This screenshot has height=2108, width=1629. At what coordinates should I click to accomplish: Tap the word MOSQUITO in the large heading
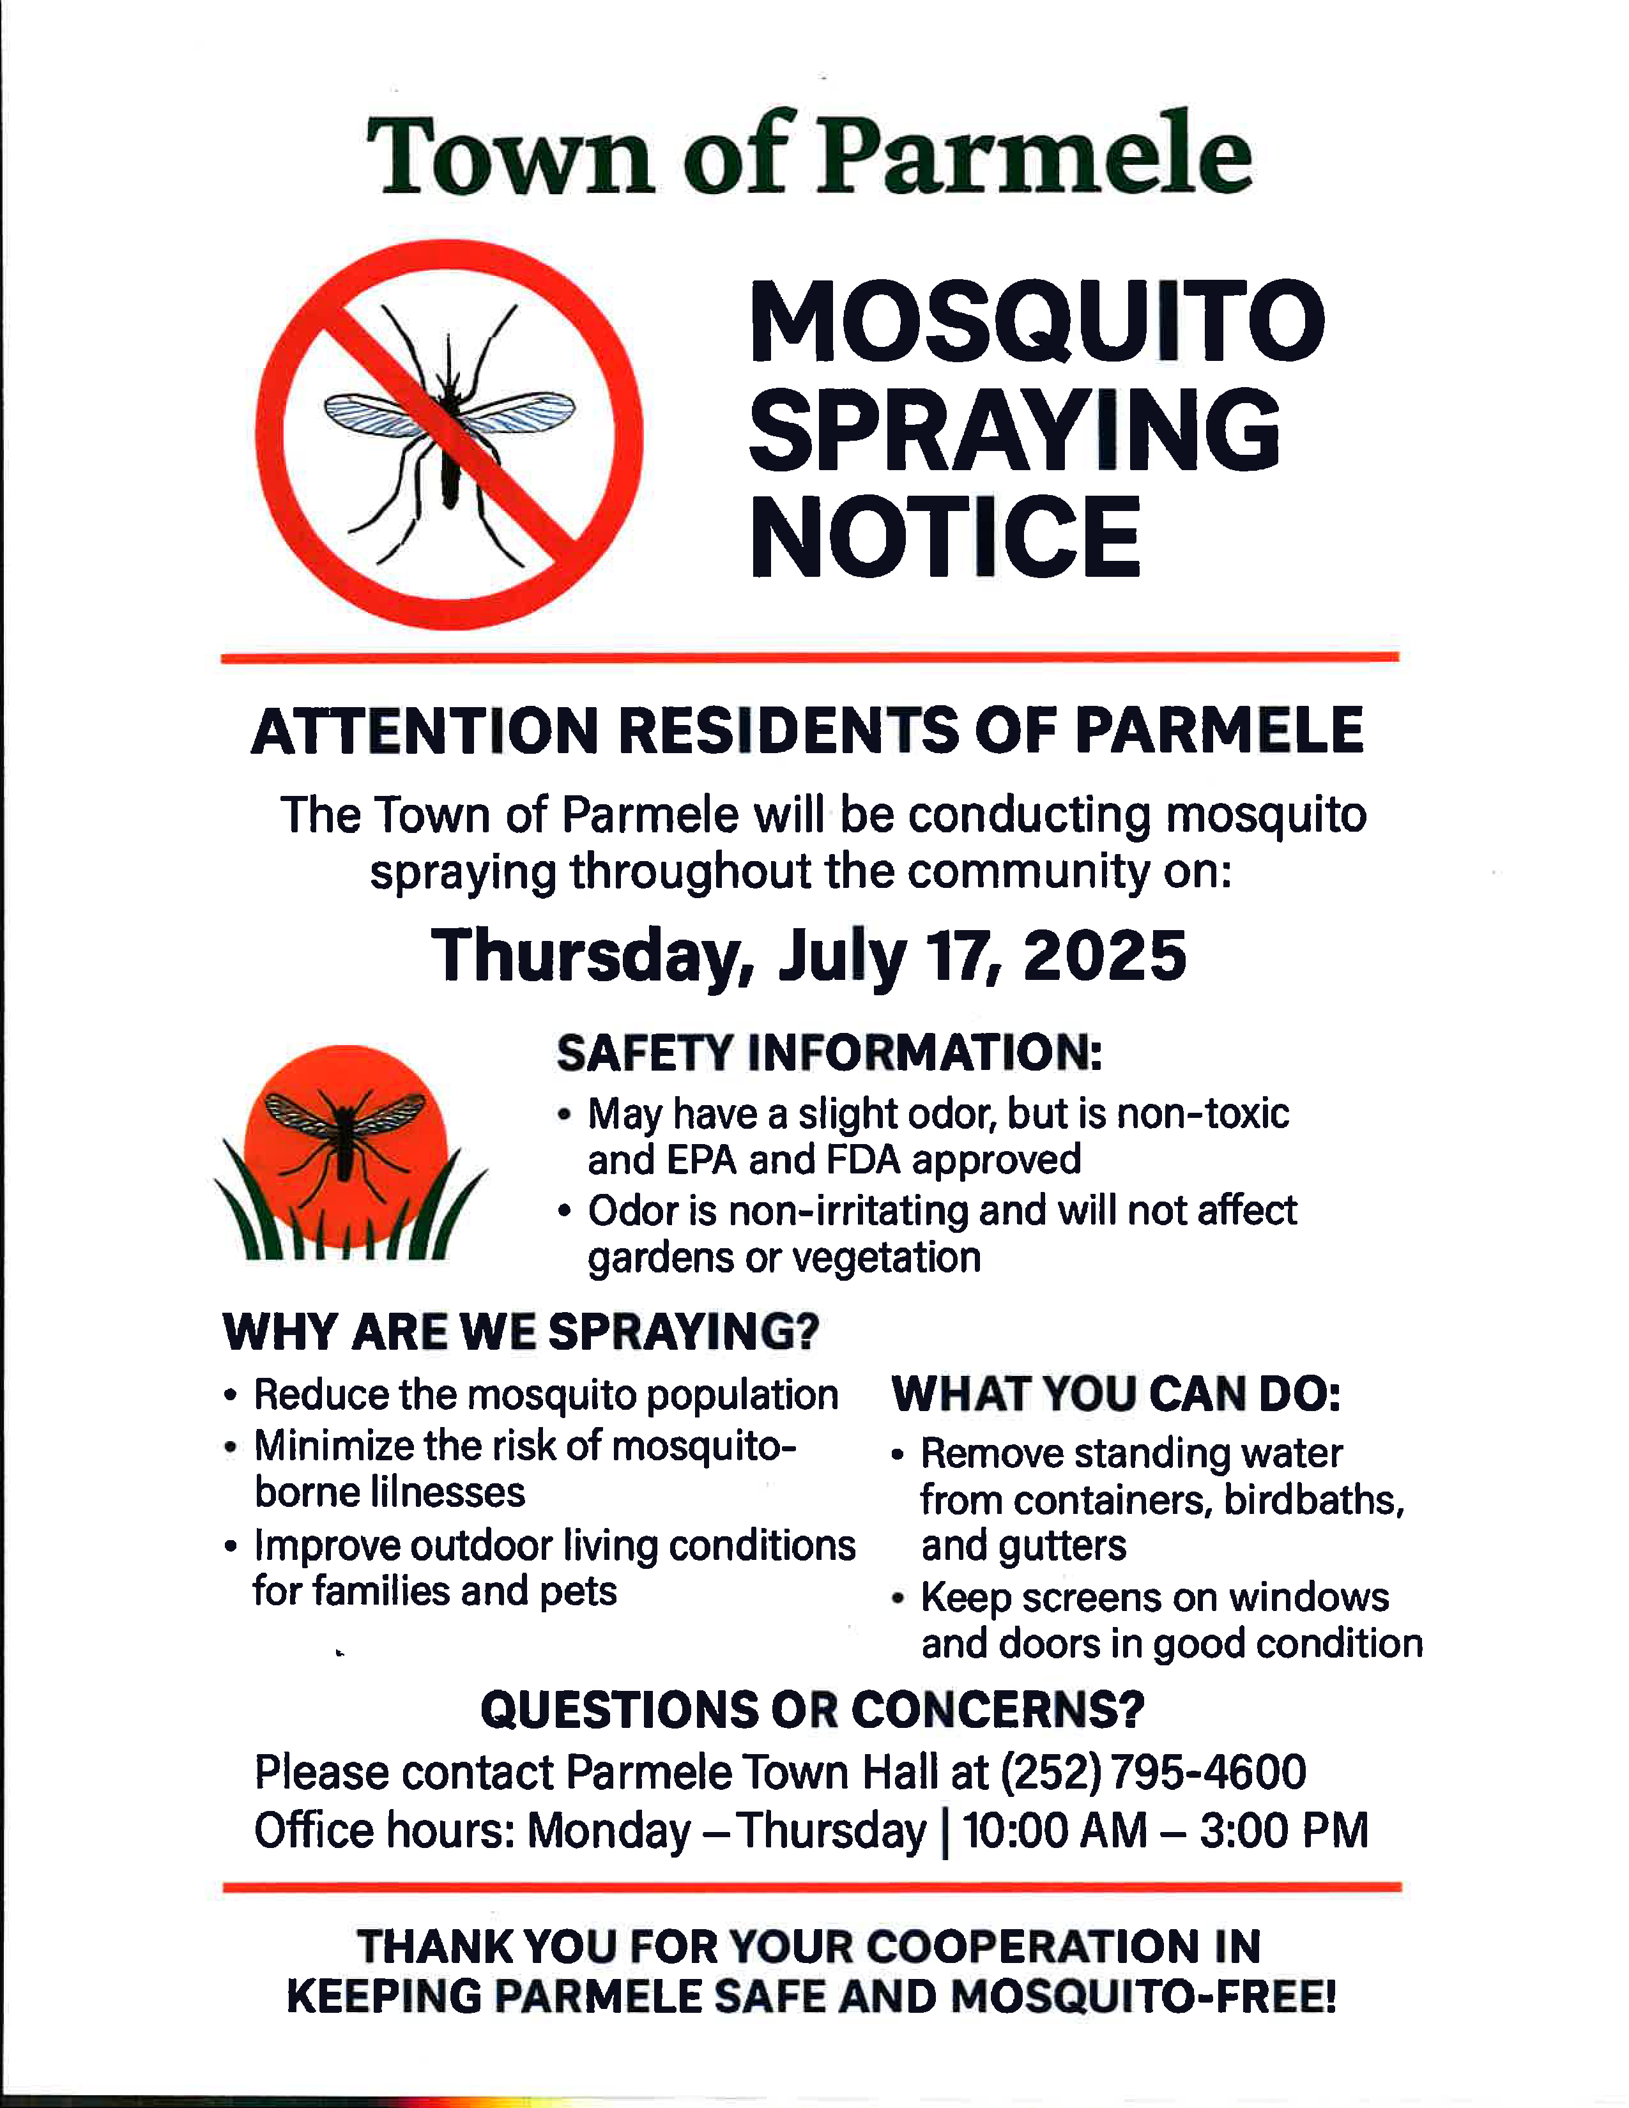(x=1037, y=321)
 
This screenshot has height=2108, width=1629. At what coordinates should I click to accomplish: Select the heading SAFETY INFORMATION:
(x=829, y=1052)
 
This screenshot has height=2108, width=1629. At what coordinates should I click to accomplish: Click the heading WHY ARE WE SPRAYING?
(x=521, y=1332)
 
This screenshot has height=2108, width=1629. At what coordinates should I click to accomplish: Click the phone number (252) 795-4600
(x=1153, y=1772)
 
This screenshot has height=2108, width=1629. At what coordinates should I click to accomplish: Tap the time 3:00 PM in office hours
(x=1285, y=1830)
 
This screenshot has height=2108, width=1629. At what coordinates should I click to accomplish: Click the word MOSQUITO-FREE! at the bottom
(x=1143, y=1997)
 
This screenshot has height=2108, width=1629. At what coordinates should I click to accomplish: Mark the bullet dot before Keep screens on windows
(x=898, y=1600)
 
